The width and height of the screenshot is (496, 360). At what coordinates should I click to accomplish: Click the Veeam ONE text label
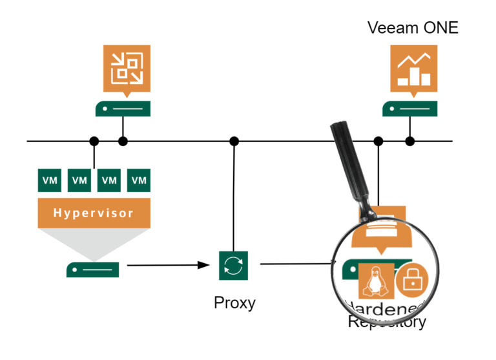coord(413,27)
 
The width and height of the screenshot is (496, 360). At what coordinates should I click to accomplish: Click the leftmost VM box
coord(50,180)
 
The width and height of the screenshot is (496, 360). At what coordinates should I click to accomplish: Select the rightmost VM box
coord(139,180)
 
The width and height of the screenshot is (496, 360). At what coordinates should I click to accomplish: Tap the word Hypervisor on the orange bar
coord(94,213)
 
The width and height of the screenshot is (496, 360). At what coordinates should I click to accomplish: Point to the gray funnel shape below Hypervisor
coord(94,242)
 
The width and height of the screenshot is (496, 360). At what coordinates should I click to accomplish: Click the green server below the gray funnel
coord(93,268)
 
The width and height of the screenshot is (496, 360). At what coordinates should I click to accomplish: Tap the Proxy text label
coord(234,302)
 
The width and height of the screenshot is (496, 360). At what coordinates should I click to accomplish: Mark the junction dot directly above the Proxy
coord(234,141)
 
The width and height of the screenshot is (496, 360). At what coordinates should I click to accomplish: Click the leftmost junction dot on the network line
coord(94,141)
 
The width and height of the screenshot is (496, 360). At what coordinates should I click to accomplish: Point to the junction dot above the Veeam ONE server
coord(409,141)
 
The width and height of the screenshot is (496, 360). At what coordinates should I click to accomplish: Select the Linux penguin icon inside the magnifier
coord(373,281)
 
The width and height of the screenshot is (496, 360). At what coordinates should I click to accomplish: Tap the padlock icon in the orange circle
coord(411,280)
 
